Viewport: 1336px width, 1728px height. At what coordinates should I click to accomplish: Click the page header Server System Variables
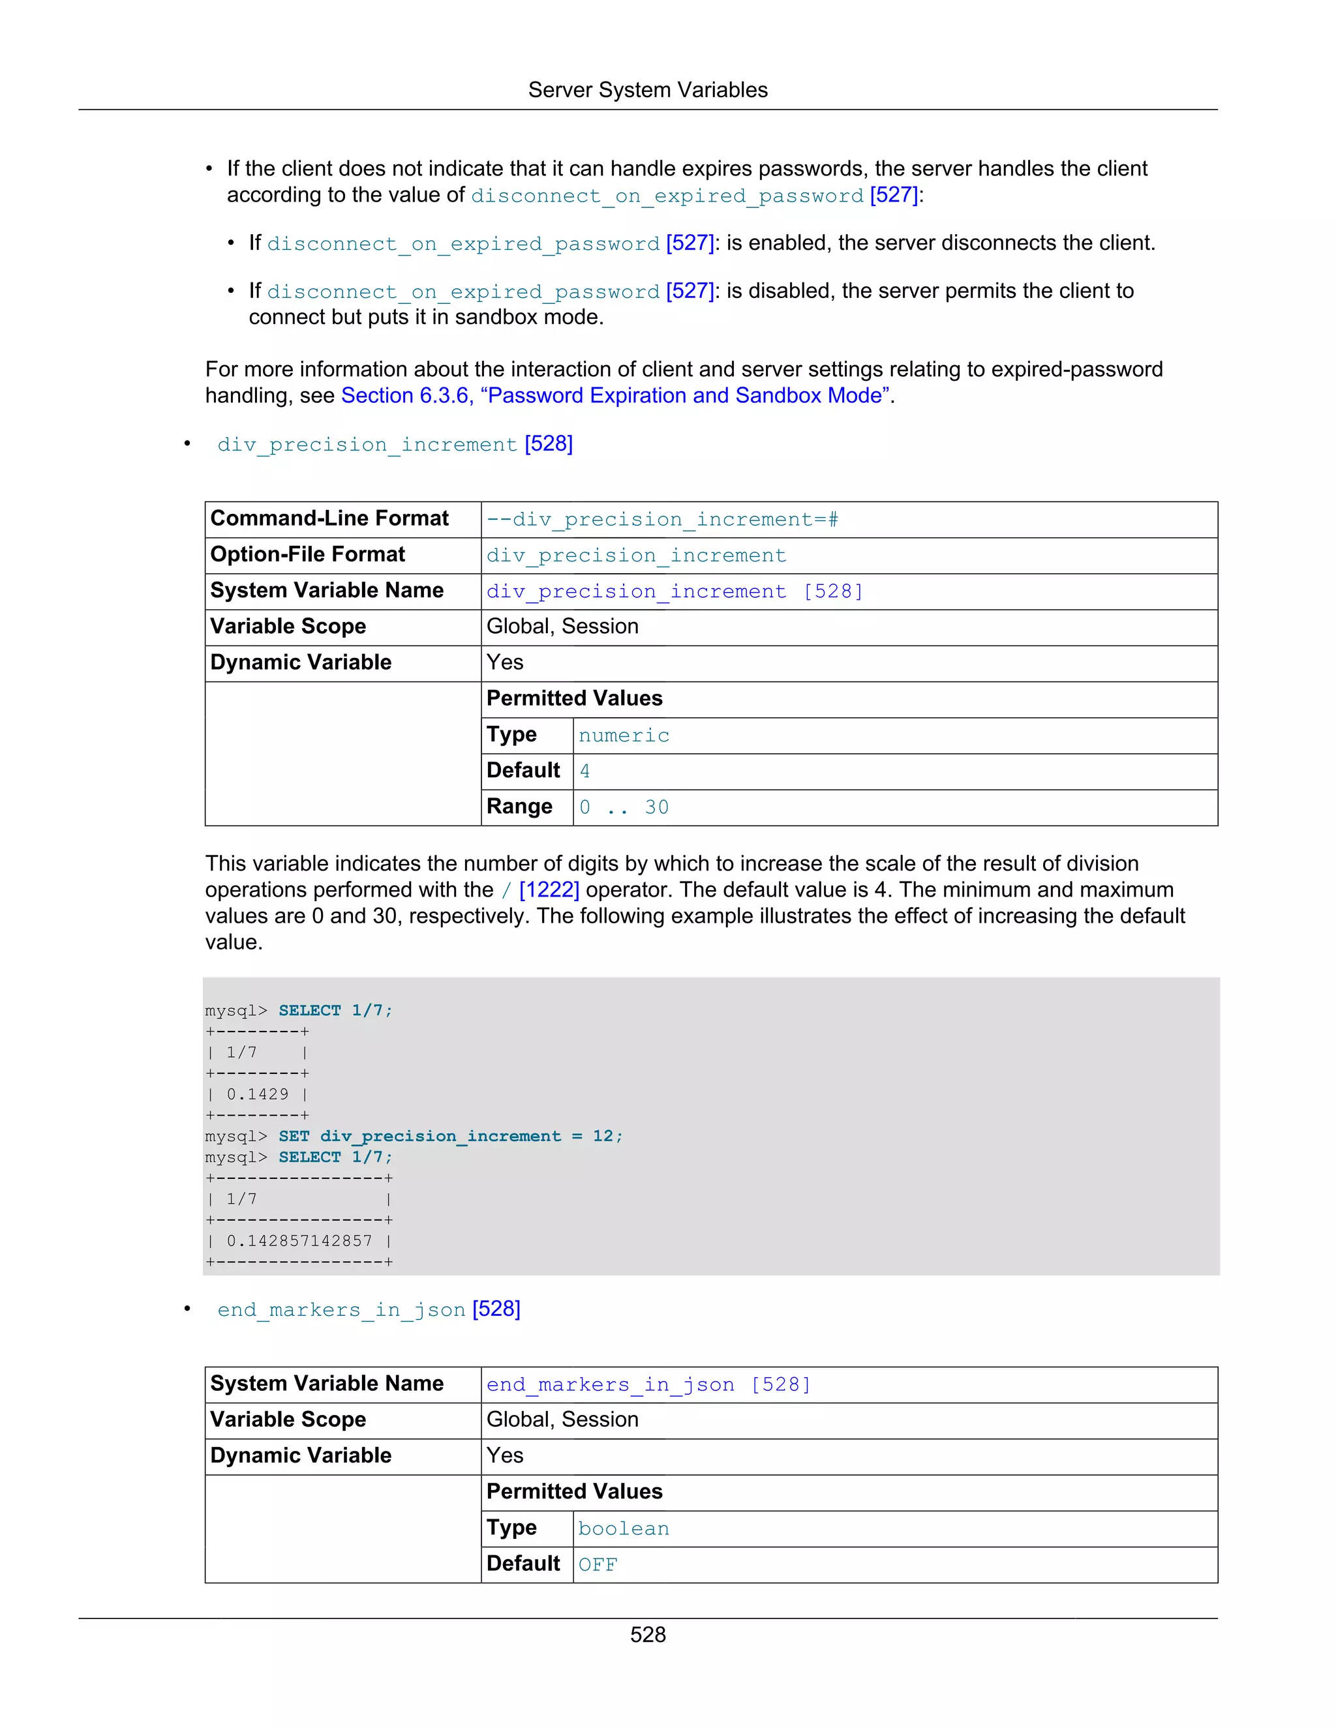point(647,90)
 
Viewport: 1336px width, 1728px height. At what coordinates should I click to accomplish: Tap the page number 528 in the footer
point(647,1635)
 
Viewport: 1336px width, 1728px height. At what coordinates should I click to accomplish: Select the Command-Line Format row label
point(329,518)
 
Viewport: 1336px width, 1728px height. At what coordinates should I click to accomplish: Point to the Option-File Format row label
point(307,555)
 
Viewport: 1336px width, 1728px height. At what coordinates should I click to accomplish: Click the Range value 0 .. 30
point(624,808)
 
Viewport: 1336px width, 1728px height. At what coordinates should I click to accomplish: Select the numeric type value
point(624,736)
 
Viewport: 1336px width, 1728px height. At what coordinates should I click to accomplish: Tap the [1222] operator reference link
point(549,890)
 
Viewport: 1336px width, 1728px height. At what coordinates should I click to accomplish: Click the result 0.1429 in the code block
point(257,1094)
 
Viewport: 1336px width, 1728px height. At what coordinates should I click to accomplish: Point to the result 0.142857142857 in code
point(299,1241)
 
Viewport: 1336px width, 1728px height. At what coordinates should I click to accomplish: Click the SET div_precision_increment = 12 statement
point(450,1136)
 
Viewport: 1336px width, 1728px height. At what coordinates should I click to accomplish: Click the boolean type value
point(624,1528)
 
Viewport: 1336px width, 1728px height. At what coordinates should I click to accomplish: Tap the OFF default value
point(598,1565)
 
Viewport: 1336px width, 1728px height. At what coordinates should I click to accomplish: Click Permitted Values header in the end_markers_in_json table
point(574,1491)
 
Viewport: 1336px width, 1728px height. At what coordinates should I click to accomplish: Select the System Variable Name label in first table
point(327,590)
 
